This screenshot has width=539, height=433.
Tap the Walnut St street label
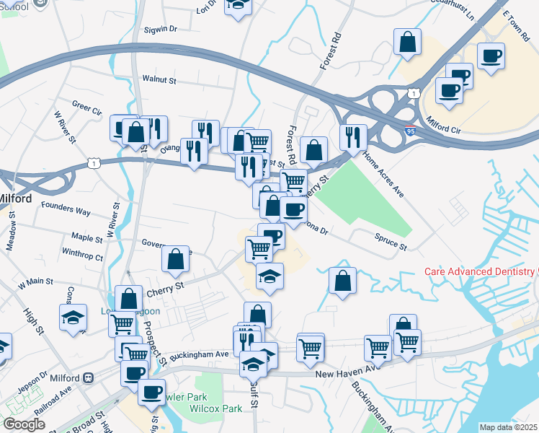[159, 80]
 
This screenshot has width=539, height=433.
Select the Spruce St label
[391, 242]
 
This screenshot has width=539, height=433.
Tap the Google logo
[24, 424]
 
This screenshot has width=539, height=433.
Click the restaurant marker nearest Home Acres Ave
[353, 136]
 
